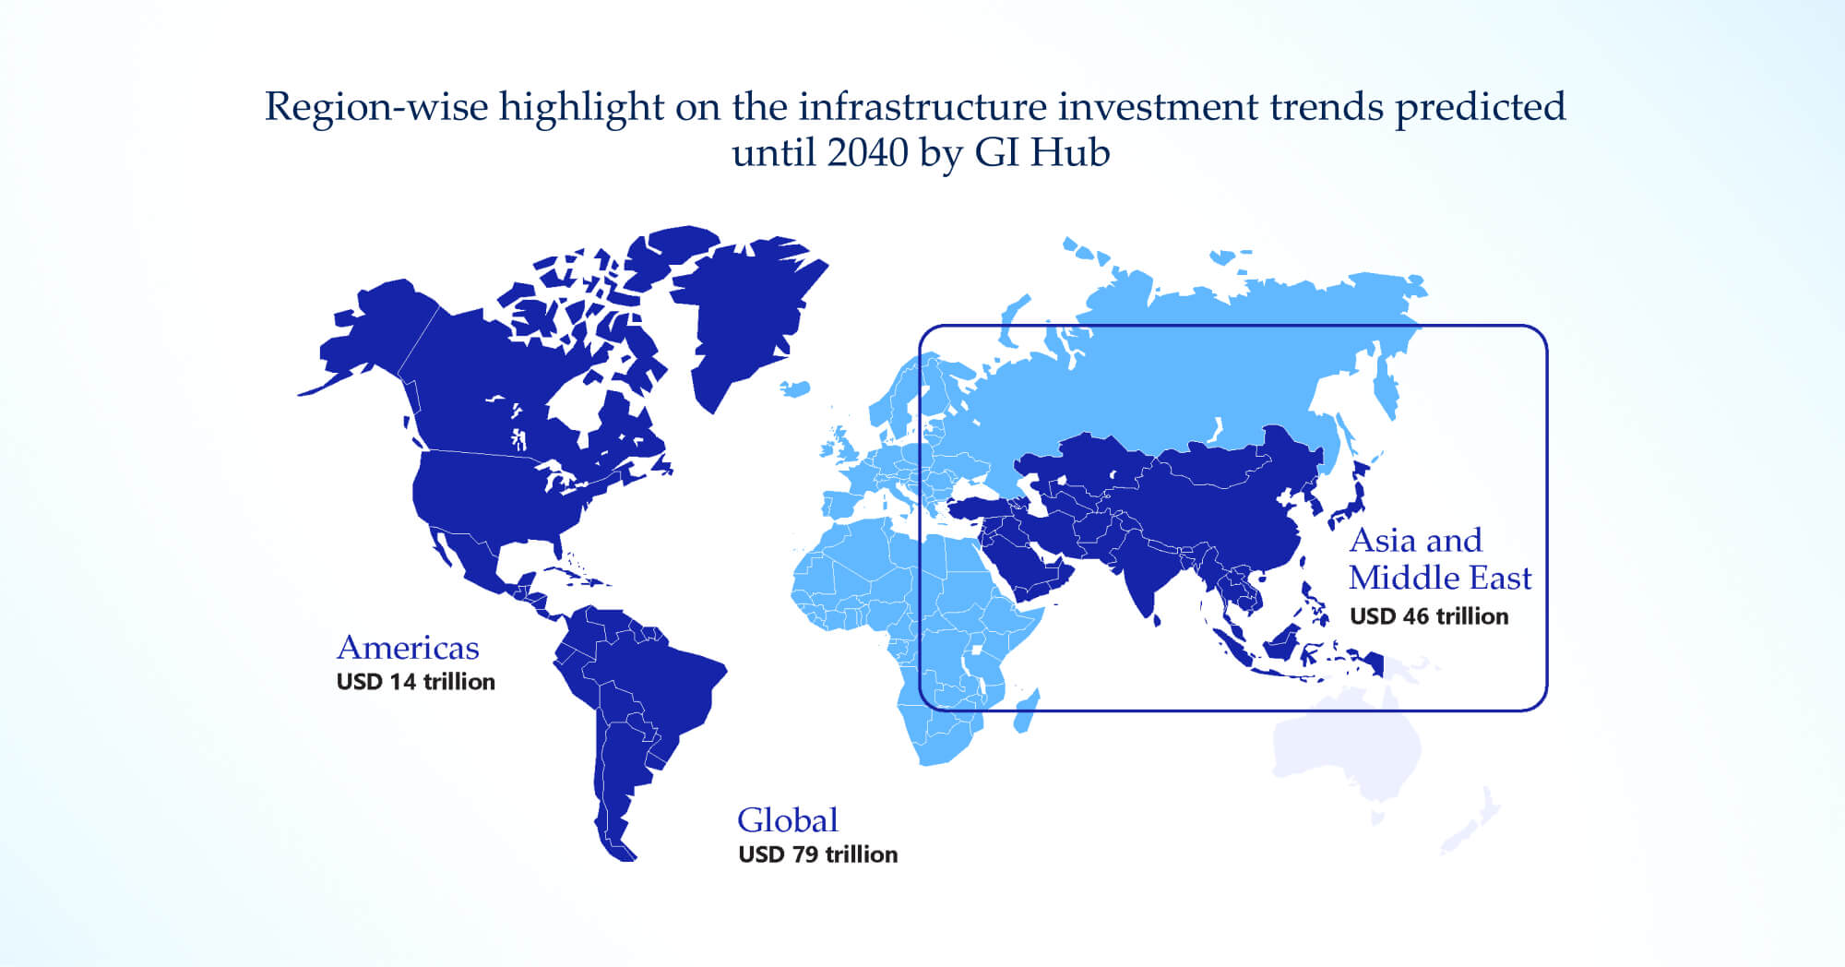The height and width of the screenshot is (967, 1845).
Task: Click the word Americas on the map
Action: [408, 648]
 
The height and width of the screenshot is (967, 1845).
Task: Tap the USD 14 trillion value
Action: [416, 682]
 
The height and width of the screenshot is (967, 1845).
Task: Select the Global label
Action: [788, 820]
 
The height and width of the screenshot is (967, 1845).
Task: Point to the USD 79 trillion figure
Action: [818, 854]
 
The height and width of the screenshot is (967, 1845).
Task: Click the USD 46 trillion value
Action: [1429, 616]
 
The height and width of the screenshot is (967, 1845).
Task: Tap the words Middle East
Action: [1440, 578]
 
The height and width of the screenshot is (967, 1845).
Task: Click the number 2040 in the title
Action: [867, 153]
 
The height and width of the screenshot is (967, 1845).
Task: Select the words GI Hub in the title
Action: [1042, 153]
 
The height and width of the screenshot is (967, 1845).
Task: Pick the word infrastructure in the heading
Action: [922, 107]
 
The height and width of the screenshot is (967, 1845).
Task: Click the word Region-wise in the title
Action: [376, 108]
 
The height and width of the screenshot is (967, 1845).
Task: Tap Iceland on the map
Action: [795, 388]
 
